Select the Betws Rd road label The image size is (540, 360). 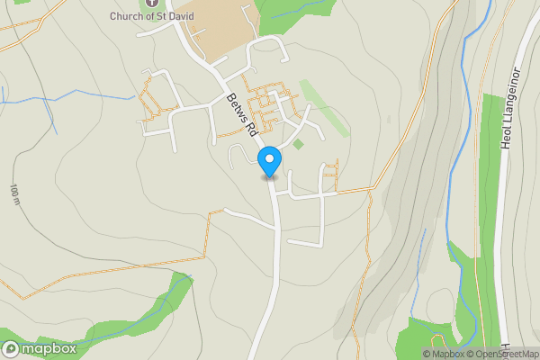coord(244,114)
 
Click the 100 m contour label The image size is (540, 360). coord(15,194)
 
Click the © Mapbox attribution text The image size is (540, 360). coord(443,354)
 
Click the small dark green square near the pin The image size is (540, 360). coord(299,144)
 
